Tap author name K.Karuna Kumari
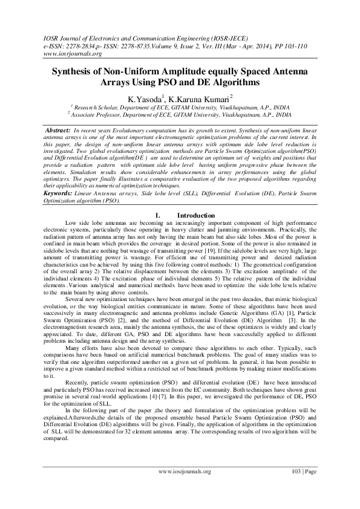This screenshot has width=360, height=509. point(192,97)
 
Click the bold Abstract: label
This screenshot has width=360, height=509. point(59,131)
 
